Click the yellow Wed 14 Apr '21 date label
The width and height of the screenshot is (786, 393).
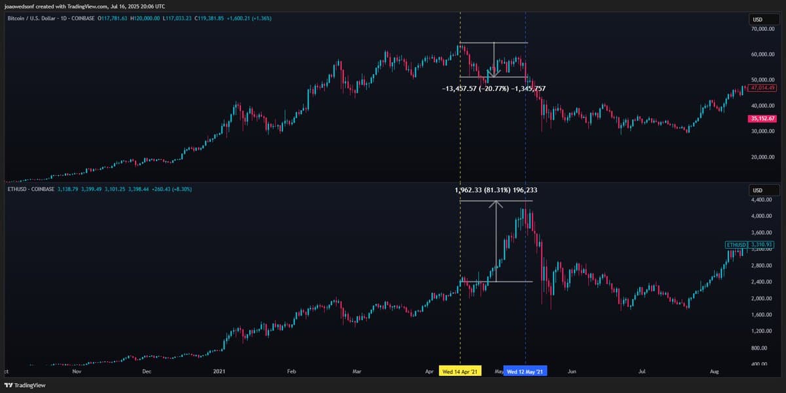point(460,371)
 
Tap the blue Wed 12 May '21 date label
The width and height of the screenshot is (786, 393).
point(526,371)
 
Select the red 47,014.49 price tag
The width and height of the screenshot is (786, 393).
point(762,87)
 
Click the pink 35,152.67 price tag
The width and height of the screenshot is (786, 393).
point(762,118)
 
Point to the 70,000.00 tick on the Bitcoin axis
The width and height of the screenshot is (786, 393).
point(762,29)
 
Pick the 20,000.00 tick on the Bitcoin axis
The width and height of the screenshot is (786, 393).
point(762,157)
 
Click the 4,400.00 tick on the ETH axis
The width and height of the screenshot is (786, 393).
point(762,199)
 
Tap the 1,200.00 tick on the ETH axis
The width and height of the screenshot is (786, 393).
point(762,331)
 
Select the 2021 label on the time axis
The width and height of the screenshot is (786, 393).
point(221,371)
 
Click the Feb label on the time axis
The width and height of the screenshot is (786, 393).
point(291,371)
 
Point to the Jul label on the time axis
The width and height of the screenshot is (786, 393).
point(643,371)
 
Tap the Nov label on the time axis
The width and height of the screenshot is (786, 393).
point(76,371)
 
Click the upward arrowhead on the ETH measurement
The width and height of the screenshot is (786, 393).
point(496,203)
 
